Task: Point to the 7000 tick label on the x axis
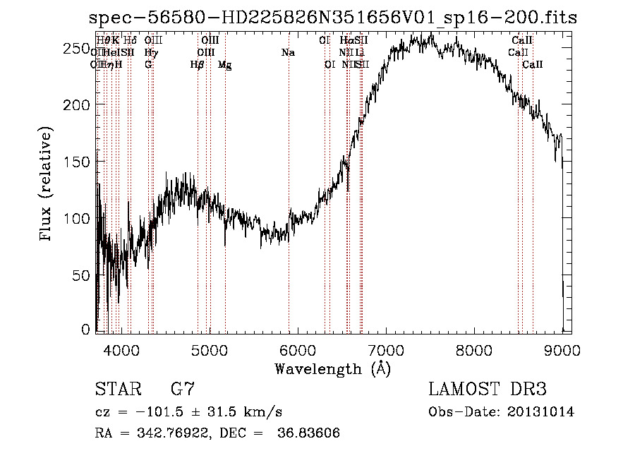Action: tap(385, 349)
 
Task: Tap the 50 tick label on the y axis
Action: tap(83, 274)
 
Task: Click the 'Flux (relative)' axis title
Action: tap(47, 185)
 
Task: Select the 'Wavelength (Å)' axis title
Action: tap(332, 368)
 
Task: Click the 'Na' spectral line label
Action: tap(288, 53)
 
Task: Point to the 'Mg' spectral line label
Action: tap(225, 65)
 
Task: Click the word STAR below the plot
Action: tap(116, 390)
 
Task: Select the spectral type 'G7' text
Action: tap(183, 390)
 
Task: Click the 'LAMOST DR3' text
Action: tap(487, 390)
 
